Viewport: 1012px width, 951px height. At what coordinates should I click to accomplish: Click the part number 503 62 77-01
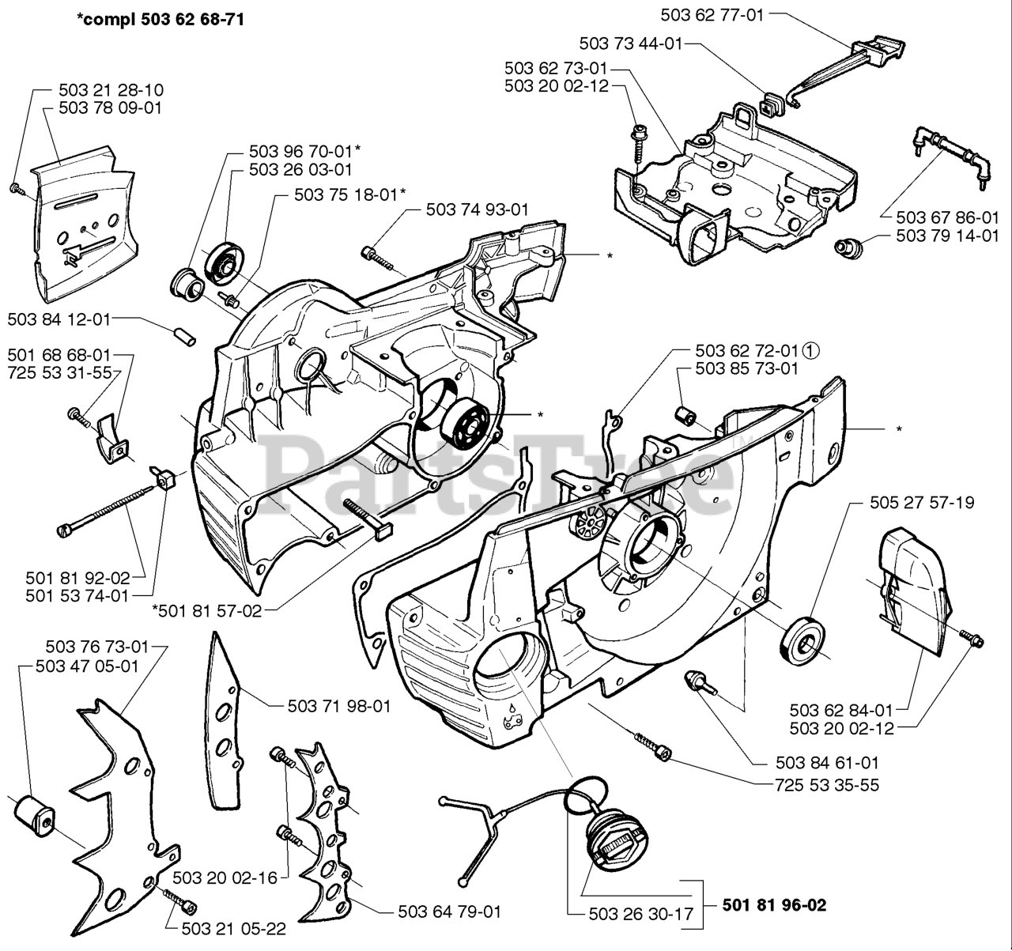(712, 16)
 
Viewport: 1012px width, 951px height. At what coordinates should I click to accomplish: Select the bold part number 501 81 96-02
(774, 905)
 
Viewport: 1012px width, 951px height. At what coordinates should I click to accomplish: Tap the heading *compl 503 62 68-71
(160, 19)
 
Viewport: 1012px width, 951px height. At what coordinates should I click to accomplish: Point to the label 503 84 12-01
(59, 319)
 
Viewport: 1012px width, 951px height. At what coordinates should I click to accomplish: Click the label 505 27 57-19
(922, 503)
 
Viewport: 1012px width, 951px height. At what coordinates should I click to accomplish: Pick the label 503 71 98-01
(339, 707)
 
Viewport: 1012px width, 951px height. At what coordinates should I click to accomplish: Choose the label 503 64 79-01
(449, 911)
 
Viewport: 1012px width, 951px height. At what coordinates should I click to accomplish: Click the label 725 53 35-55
(827, 785)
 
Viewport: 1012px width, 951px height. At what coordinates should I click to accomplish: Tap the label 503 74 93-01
(477, 209)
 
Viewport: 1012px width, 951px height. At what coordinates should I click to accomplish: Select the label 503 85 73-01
(746, 368)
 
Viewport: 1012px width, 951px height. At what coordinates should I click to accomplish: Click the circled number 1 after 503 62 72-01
(810, 351)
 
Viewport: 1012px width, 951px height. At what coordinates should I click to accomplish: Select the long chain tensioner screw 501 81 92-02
(106, 510)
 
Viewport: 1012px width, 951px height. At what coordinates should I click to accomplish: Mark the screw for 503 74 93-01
(378, 258)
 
